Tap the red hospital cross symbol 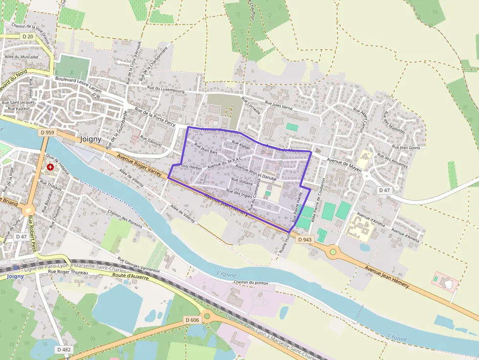[50, 167]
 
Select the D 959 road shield [47, 132]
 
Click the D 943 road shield [304, 239]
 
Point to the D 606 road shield [193, 319]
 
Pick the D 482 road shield [64, 350]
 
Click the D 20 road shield [28, 37]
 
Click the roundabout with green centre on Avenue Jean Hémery [333, 252]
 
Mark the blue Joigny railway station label [15, 276]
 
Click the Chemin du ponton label [251, 282]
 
